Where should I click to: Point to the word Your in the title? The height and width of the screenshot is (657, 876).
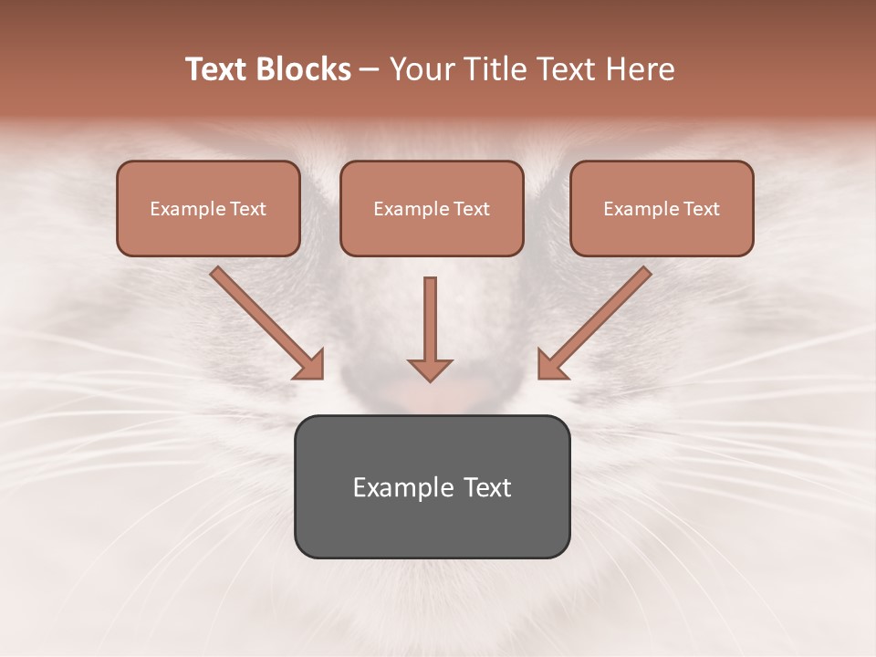[422, 69]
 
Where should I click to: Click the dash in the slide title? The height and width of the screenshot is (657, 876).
[370, 69]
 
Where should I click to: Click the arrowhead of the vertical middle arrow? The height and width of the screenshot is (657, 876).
[430, 369]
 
